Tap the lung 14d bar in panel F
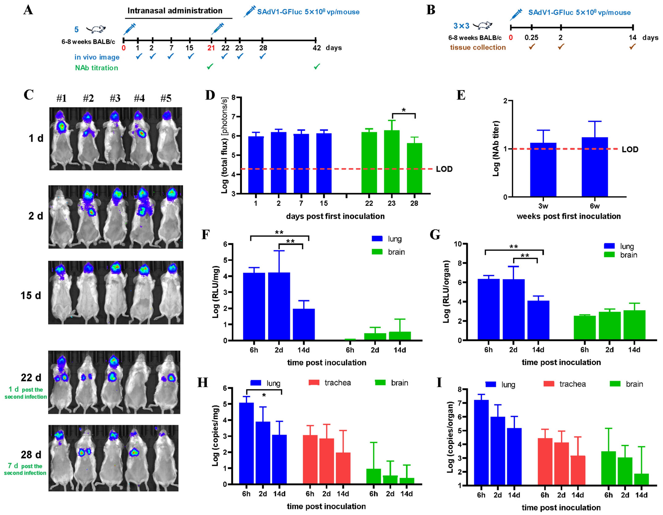(x=304, y=324)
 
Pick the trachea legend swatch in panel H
(x=314, y=383)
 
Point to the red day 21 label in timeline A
(x=211, y=48)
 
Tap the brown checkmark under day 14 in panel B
(x=632, y=47)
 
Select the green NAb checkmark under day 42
(x=317, y=67)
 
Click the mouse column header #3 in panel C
(x=115, y=98)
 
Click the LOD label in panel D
(x=444, y=169)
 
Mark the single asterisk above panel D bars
(x=403, y=110)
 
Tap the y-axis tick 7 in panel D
(x=233, y=117)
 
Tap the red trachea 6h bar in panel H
(x=310, y=460)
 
